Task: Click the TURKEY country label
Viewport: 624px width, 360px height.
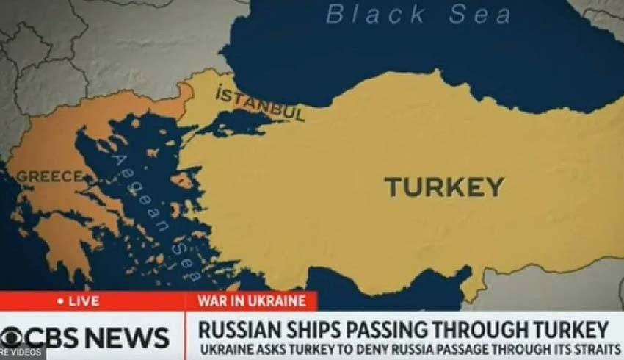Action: coord(445,187)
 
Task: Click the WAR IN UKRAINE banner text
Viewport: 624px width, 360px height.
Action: coord(252,301)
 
